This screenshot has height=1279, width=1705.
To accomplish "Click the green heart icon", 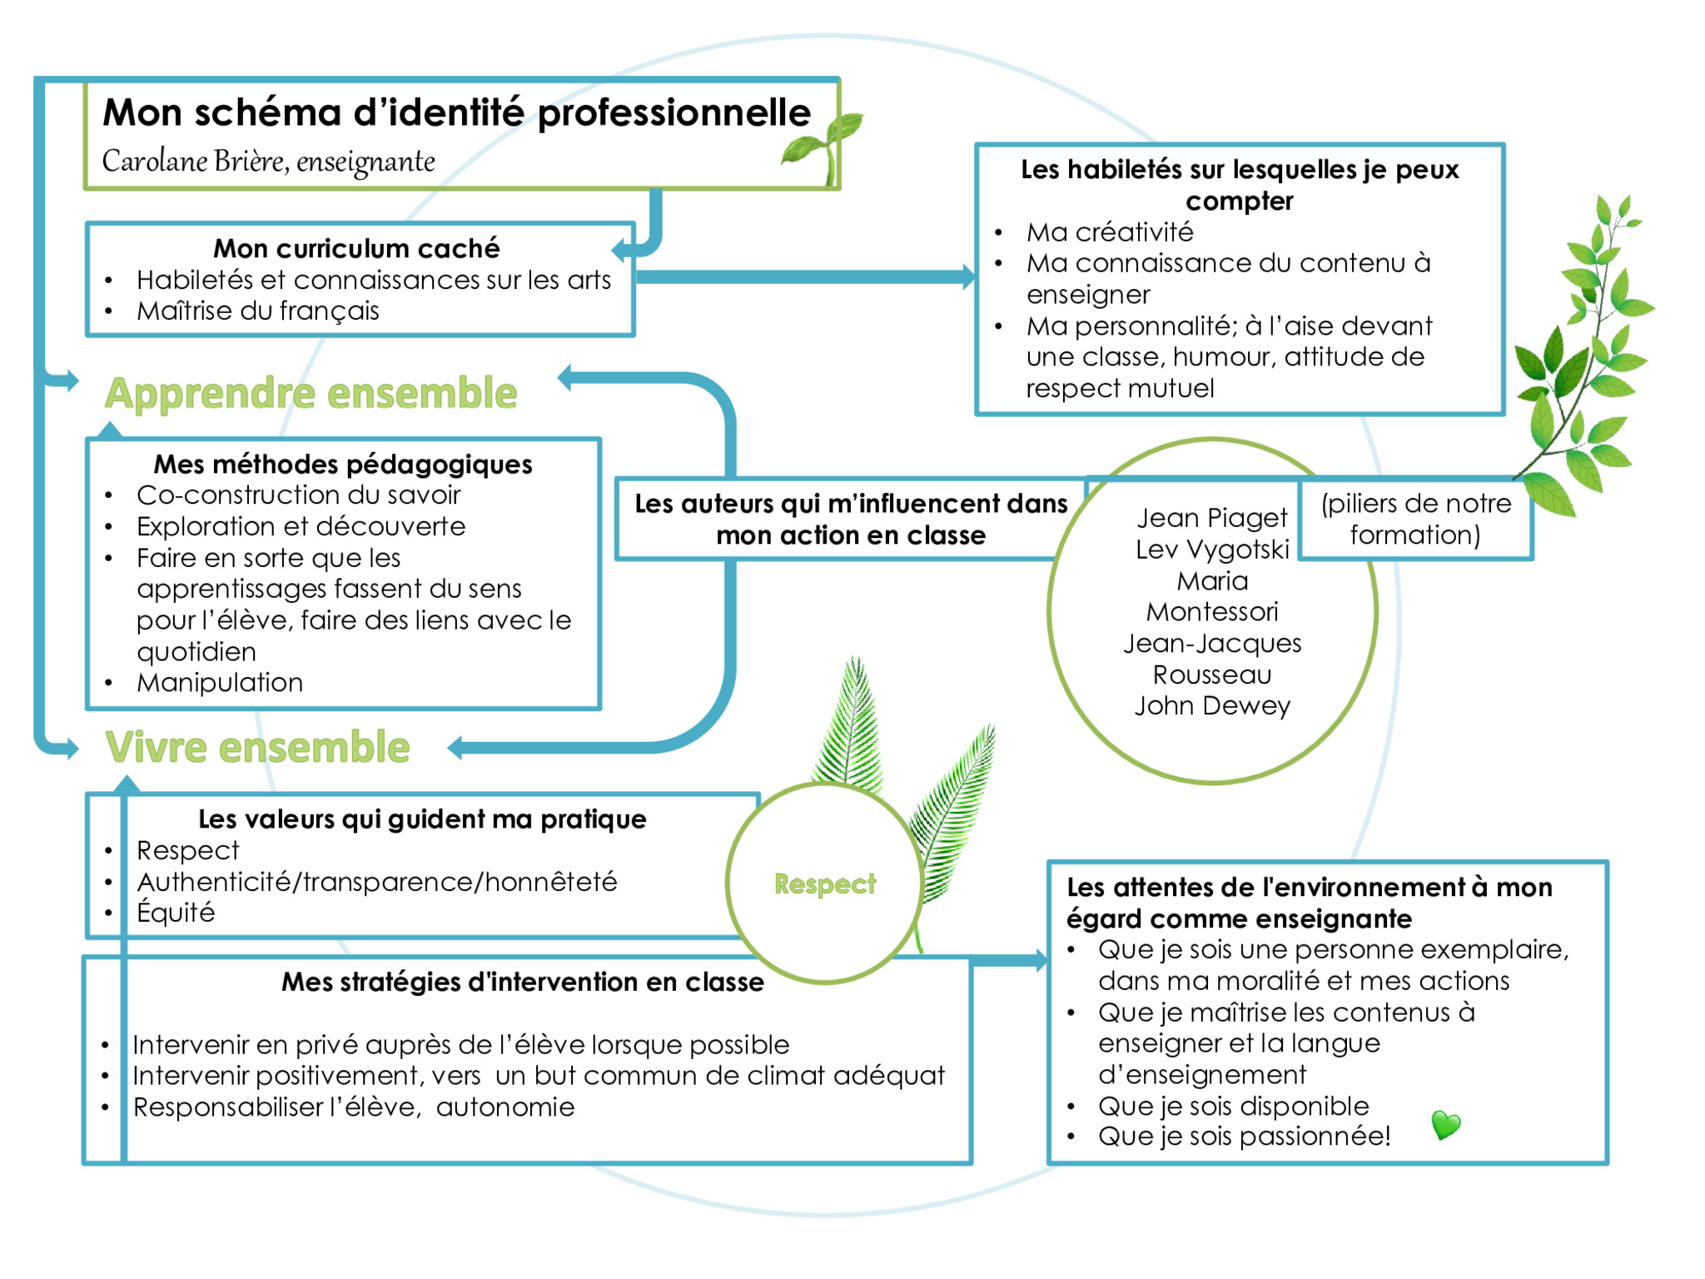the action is (x=1446, y=1125).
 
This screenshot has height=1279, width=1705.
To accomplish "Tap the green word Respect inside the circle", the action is (x=825, y=883).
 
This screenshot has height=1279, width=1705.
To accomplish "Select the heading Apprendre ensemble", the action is (x=311, y=393).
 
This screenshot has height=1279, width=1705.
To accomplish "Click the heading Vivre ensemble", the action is (x=257, y=747).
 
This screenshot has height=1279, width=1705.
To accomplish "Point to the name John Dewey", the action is (x=1212, y=706).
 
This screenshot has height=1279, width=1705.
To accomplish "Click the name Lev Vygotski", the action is (x=1212, y=550).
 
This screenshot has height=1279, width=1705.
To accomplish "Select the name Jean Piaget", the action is (x=1212, y=518).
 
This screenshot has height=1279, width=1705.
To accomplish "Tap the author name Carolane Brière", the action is (x=195, y=161).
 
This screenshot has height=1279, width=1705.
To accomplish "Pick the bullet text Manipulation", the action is (x=220, y=683).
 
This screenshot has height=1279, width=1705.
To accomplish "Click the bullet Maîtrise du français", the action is (x=258, y=311).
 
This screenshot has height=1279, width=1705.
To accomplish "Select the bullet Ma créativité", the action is (x=1110, y=231).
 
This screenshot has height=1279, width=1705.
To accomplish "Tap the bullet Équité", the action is (x=176, y=912).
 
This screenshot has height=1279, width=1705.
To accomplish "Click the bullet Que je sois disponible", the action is (x=1233, y=1106).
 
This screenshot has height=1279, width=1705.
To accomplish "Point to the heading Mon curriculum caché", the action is (x=356, y=248).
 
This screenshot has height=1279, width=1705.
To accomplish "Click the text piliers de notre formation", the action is (x=1415, y=519).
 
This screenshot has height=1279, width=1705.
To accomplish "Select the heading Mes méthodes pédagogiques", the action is (x=343, y=464).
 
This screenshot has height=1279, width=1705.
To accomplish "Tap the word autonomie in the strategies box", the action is (x=505, y=1107).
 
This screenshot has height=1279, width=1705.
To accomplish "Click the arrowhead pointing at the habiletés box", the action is (x=968, y=277).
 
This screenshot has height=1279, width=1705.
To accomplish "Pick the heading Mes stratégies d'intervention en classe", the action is (x=523, y=982).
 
